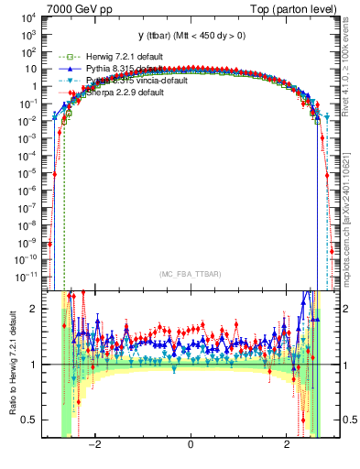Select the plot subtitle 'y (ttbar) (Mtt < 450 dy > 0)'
pyautogui.click(x=191, y=36)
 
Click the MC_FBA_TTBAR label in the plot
pyautogui.click(x=191, y=273)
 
